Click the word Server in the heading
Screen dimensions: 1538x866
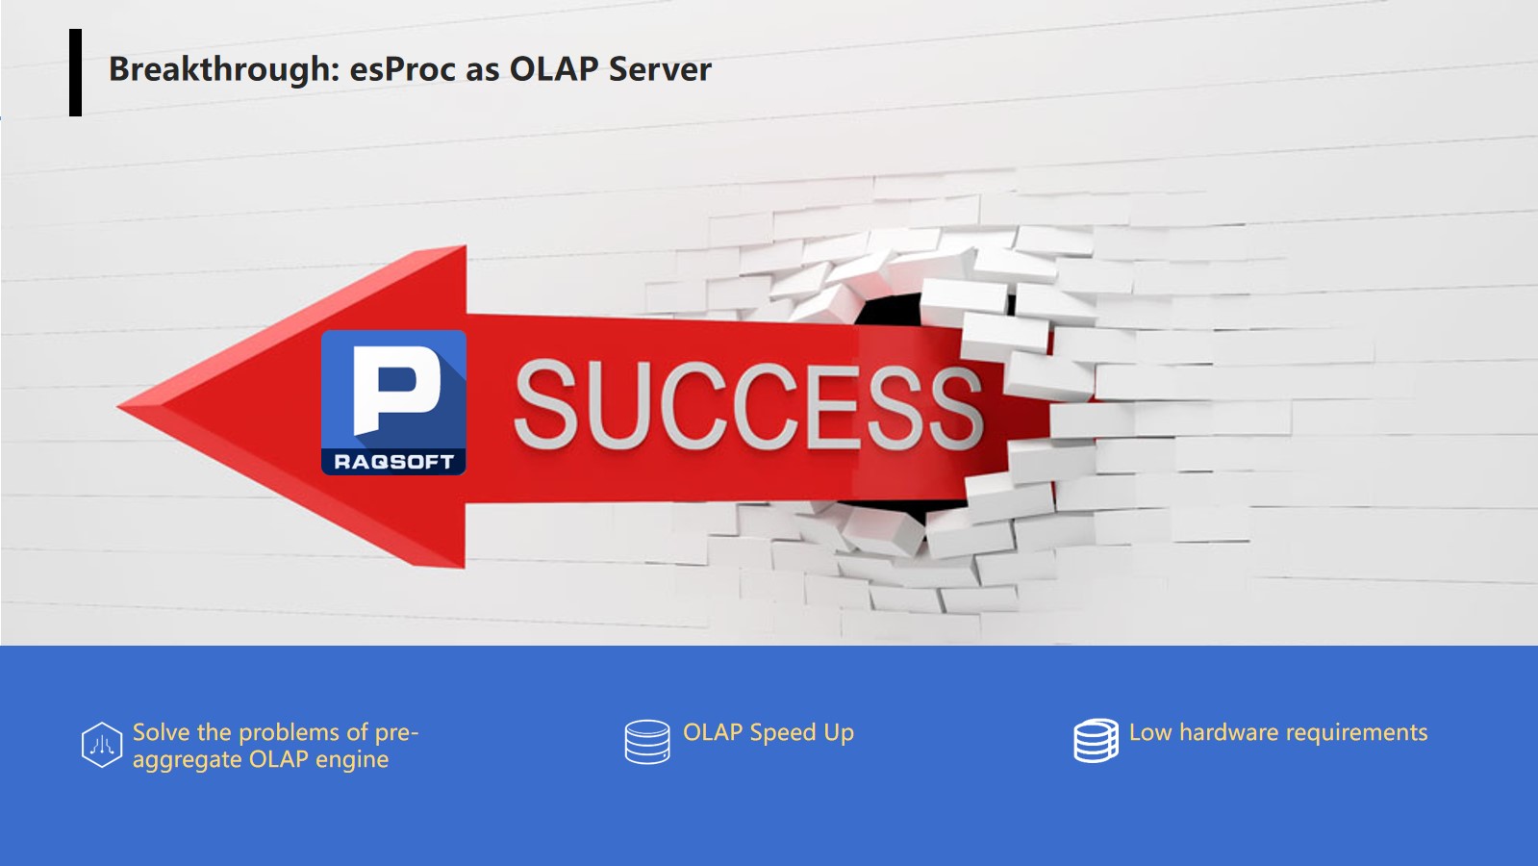click(x=660, y=69)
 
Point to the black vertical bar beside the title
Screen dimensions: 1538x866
click(x=76, y=72)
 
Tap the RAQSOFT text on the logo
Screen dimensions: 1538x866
click(x=393, y=462)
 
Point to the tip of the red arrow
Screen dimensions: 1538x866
click(x=118, y=407)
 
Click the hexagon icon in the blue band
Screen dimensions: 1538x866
click(x=102, y=745)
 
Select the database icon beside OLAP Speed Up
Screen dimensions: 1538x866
click(x=647, y=742)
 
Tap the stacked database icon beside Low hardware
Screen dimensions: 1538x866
click(x=1096, y=740)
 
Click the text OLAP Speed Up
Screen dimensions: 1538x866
click(x=769, y=732)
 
